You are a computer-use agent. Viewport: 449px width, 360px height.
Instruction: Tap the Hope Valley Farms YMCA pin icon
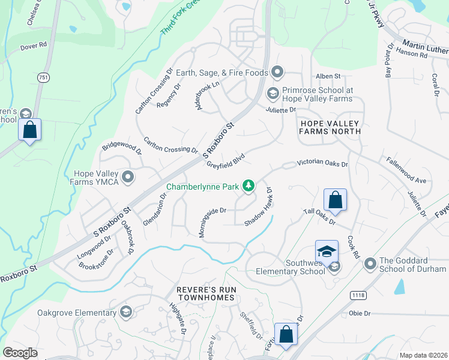[x=127, y=176]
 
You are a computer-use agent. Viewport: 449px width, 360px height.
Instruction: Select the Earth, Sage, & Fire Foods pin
[x=277, y=73]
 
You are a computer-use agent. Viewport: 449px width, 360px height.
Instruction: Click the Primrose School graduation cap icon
[x=272, y=93]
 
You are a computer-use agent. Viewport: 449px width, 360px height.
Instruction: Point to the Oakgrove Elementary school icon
[x=125, y=312]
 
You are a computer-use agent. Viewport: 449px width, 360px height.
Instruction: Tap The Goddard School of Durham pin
[x=369, y=263]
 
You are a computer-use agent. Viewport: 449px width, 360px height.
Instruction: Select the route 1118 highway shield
[x=359, y=295]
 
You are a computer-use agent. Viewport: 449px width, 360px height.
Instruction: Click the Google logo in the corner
[x=20, y=352]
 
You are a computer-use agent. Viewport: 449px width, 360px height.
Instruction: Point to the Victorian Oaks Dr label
[x=324, y=163]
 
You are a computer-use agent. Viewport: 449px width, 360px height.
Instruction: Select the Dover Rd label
[x=34, y=45]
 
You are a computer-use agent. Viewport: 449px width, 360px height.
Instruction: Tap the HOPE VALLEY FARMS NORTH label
[x=330, y=127]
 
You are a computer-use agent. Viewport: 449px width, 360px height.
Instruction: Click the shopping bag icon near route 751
[x=29, y=130]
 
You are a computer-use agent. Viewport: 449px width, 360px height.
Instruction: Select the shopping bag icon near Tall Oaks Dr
[x=336, y=200]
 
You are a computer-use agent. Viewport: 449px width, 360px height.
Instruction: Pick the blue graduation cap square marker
[x=327, y=251]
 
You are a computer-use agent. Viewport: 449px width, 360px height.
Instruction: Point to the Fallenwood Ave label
[x=406, y=171]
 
